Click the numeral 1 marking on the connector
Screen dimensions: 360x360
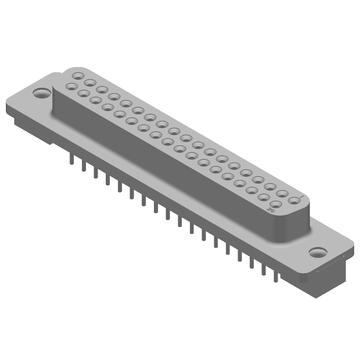point(302,196)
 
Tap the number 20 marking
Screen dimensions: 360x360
point(271,210)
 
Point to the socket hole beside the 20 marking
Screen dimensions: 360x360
point(276,204)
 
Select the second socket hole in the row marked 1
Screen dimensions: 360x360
point(282,193)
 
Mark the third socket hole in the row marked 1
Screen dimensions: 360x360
point(270,186)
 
